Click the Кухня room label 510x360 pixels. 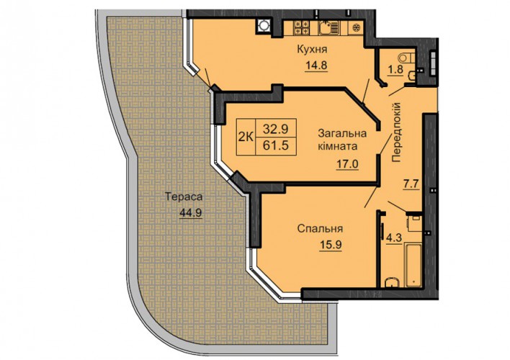(x=312, y=50)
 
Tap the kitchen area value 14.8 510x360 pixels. (x=316, y=66)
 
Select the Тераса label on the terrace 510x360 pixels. (x=184, y=197)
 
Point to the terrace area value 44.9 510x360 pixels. (x=191, y=212)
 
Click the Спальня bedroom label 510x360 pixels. (x=320, y=229)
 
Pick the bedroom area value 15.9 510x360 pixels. (x=330, y=244)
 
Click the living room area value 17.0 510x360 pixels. (x=347, y=163)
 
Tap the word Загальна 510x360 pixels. (x=342, y=133)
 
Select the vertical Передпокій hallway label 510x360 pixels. (x=396, y=132)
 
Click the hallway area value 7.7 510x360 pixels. (x=411, y=184)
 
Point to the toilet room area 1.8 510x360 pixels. (x=396, y=70)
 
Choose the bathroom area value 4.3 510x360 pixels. (x=394, y=238)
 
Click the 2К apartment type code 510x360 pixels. (x=246, y=137)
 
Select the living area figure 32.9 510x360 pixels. (x=275, y=129)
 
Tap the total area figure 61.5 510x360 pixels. (x=275, y=145)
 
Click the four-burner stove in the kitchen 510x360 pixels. (x=302, y=28)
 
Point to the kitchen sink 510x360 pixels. (x=328, y=28)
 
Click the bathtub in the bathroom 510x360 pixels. (x=413, y=266)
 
